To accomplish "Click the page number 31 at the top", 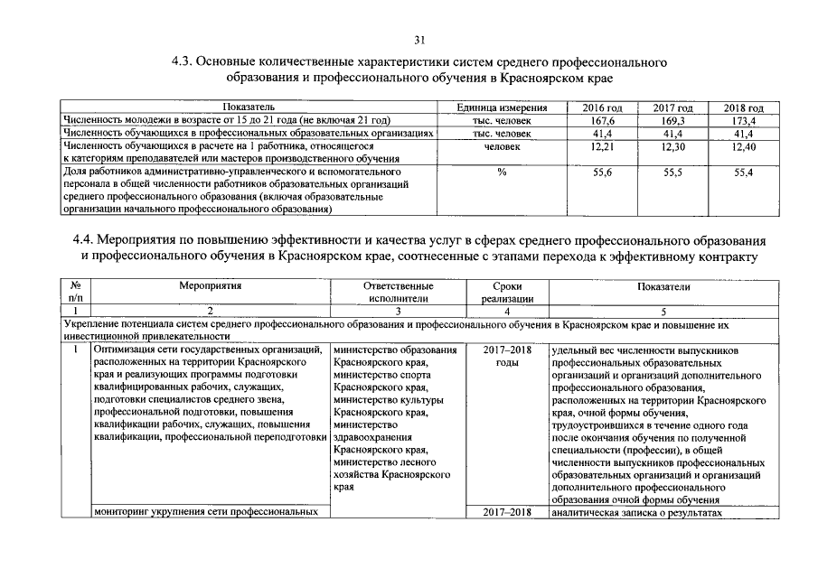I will (418, 40).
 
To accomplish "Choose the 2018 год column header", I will (744, 108).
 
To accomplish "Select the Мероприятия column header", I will (209, 286).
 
